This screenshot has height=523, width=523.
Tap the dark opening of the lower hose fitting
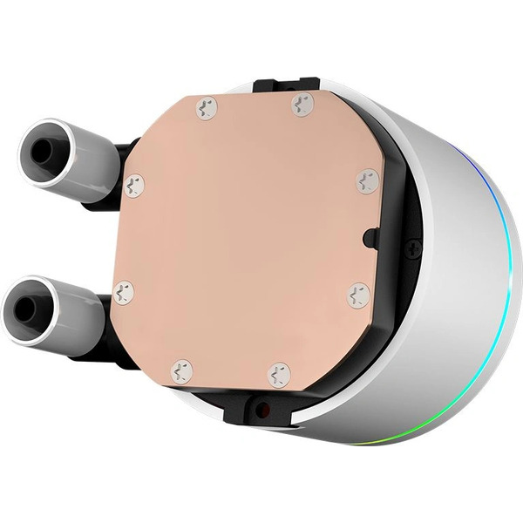26,307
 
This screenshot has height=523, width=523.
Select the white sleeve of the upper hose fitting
87,161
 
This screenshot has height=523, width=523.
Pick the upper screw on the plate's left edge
133,184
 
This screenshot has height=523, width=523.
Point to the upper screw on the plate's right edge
367,181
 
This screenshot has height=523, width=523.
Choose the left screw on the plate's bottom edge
181,370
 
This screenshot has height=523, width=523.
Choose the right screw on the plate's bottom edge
279,375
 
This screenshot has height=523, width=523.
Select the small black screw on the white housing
415,250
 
